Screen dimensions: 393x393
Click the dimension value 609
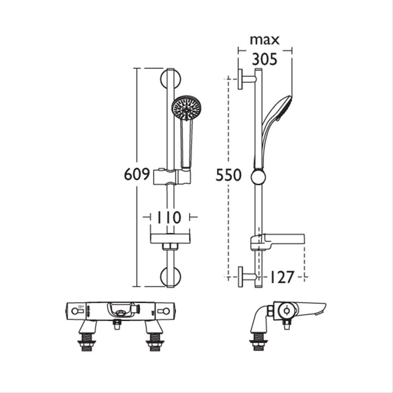coord(137,174)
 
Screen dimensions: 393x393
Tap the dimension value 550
coord(229,175)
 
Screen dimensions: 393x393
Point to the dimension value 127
coord(281,277)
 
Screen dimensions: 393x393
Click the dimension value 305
coord(265,59)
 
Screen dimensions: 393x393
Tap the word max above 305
coord(265,41)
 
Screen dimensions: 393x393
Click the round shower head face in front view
coord(186,108)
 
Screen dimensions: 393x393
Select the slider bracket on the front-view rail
coord(172,177)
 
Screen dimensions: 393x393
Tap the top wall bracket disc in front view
coord(171,79)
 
